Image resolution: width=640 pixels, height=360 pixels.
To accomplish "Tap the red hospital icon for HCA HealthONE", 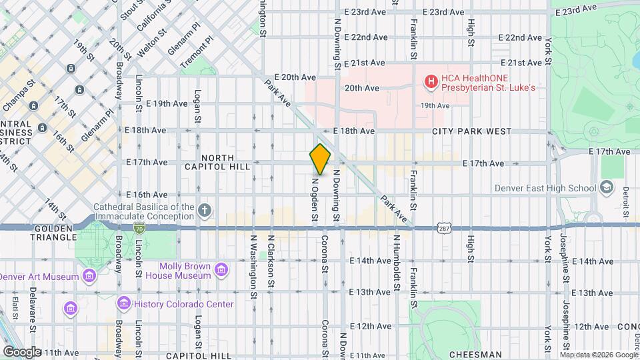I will (431, 81).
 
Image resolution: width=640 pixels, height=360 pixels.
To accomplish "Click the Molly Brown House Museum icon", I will (221, 271).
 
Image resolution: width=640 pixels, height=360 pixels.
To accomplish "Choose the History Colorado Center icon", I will (123, 304).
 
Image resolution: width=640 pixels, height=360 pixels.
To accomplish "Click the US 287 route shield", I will (445, 229).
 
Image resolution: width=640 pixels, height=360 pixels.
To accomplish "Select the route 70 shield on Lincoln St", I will (139, 229).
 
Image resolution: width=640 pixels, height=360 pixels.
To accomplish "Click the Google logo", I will (22, 351).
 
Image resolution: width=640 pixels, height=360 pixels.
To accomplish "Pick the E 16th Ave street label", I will (145, 195).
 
